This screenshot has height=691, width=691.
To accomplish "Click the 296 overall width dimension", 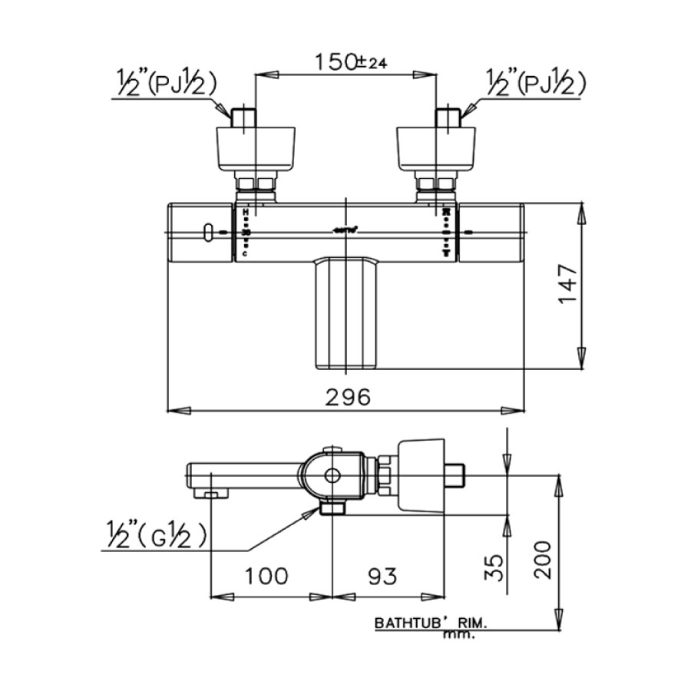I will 347,396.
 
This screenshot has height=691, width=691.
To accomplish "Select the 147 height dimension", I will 566,284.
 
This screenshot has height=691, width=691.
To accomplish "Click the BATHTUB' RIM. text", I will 431,624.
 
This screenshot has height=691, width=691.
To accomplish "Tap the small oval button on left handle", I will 208,232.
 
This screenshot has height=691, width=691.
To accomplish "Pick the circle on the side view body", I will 332,476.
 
